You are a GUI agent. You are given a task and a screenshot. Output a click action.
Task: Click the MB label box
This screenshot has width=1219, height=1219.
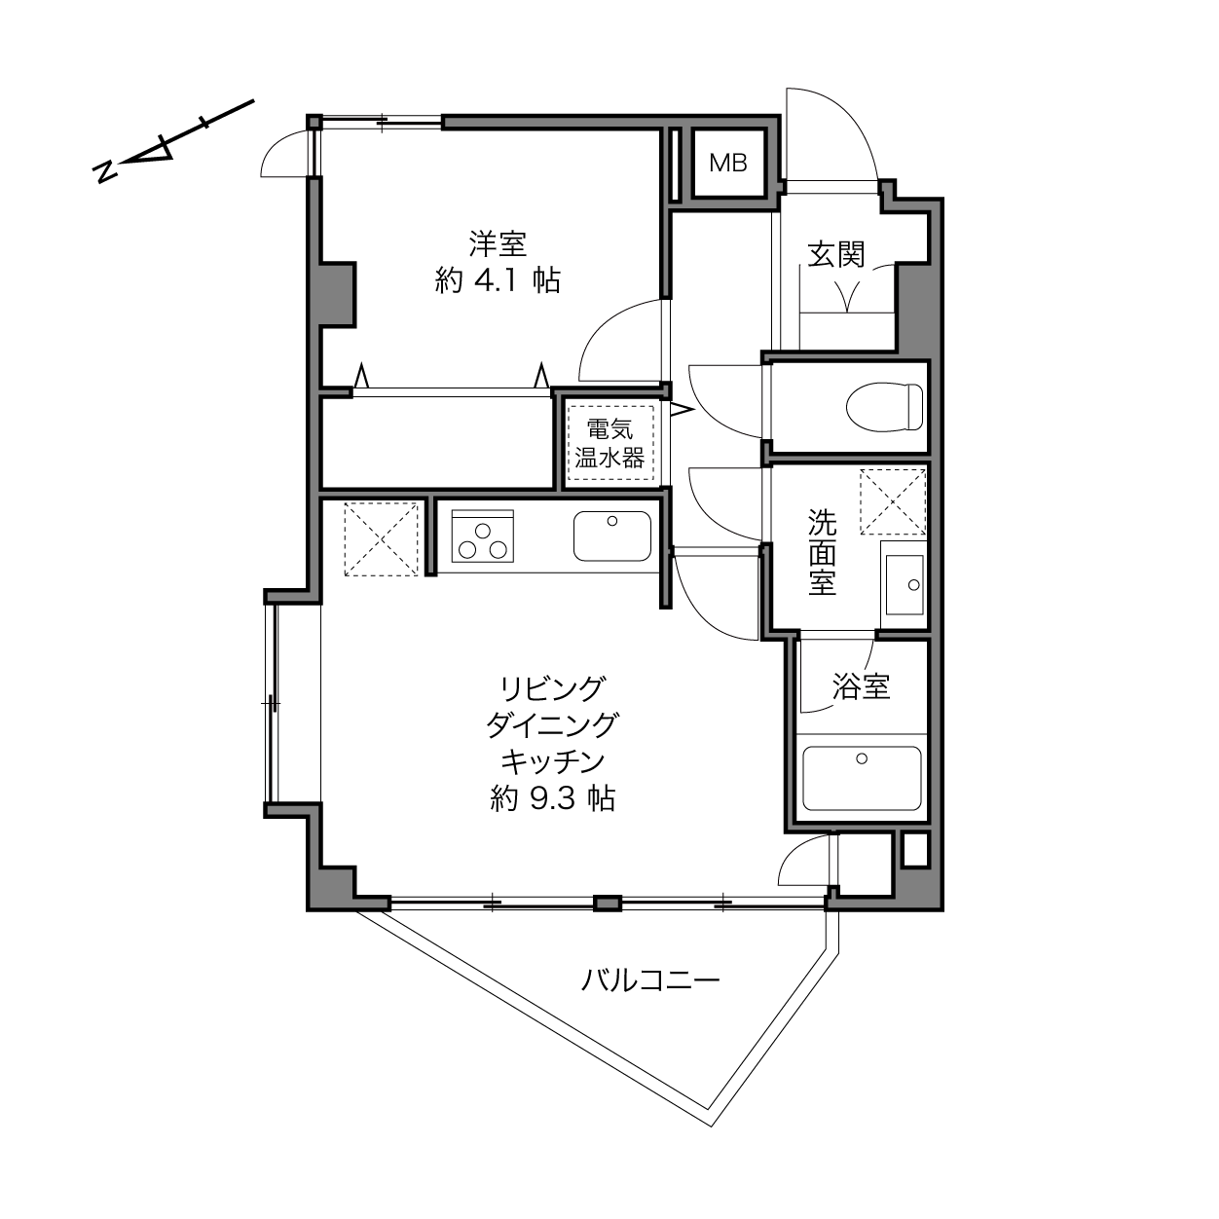pos(727,164)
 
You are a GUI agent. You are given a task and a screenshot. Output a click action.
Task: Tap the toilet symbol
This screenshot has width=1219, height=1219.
pos(884,407)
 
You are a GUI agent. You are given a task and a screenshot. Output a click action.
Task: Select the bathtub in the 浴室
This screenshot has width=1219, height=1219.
pos(862,778)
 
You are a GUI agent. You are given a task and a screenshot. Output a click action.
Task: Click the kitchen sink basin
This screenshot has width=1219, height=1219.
pos(611,536)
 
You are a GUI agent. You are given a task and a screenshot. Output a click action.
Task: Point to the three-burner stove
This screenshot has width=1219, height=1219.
pos(482,536)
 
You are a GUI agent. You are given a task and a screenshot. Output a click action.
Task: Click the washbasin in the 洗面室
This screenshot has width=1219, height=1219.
pos(905,584)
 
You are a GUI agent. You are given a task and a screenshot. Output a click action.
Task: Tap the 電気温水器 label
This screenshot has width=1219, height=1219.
pos(609,443)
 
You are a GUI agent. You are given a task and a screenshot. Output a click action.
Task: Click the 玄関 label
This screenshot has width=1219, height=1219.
pos(835,254)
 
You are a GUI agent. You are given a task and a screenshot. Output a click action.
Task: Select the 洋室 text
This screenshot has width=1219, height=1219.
pos(498,243)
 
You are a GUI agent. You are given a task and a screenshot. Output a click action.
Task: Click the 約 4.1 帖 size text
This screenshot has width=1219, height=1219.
pos(498,280)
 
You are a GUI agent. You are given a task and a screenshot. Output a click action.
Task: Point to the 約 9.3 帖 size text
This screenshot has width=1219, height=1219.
pos(553,799)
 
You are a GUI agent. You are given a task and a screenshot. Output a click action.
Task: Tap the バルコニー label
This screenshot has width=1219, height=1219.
pos(650,980)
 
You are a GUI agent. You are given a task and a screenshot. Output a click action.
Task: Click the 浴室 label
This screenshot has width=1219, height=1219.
pos(861,685)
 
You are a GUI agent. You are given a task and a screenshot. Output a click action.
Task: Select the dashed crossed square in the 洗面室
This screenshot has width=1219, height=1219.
pos(892,501)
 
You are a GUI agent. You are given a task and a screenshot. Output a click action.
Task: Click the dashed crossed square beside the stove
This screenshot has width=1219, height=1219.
pos(381,539)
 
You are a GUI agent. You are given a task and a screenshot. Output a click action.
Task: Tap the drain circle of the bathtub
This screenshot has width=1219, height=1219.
pos(862,758)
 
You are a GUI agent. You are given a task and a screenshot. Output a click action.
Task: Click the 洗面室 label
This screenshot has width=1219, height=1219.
pos(822,552)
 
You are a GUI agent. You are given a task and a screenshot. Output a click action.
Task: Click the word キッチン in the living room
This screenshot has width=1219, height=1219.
pos(553,762)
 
